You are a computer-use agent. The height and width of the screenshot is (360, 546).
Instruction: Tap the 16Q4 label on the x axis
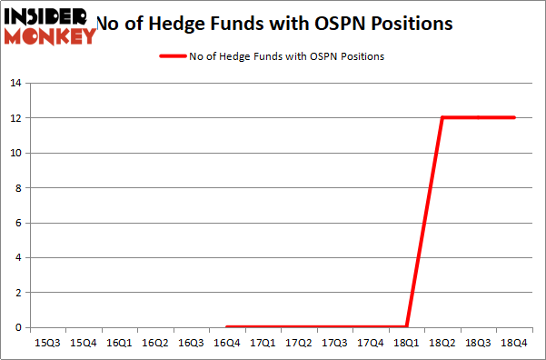pos(227,343)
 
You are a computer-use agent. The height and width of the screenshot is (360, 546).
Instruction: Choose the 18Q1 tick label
pos(406,343)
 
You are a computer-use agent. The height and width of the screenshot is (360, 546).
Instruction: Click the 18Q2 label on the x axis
pos(442,343)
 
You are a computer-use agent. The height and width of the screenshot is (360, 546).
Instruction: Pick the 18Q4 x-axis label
pos(514,343)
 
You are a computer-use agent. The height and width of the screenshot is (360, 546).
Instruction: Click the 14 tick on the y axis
pos(15,84)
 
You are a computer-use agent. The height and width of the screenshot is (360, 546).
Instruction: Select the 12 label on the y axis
pos(15,118)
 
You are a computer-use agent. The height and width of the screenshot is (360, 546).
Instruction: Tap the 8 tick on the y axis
pos(18,188)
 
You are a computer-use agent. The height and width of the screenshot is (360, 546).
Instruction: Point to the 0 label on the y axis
pos(18,327)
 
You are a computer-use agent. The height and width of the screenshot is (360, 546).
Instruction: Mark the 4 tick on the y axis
pos(18,258)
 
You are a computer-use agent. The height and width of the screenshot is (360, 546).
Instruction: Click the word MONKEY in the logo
pos(52,36)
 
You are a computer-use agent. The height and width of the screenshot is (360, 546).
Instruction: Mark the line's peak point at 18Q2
pos(442,117)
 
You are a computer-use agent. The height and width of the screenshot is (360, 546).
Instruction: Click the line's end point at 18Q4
pos(514,117)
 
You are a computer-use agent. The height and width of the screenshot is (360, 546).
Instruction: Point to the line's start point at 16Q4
pos(227,326)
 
